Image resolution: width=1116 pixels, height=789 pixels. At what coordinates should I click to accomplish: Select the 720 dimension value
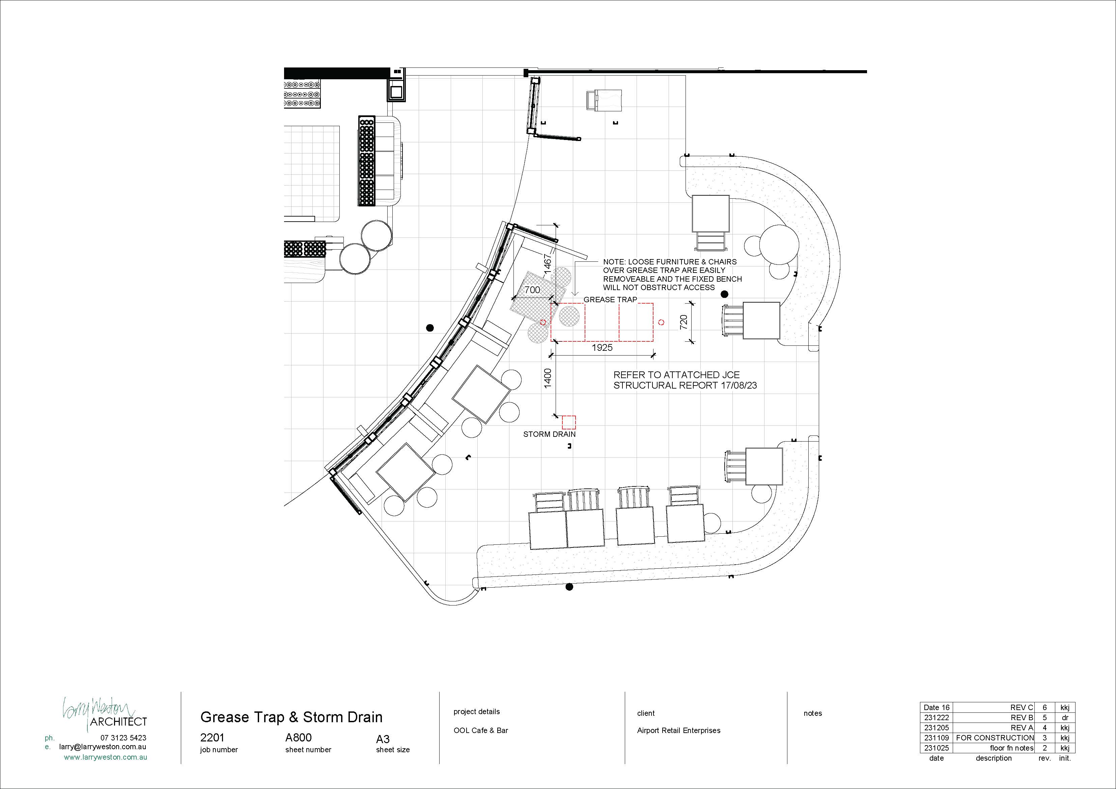point(683,322)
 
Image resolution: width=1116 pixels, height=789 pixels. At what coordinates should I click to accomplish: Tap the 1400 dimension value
point(548,378)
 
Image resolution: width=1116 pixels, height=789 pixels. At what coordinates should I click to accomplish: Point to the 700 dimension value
point(532,290)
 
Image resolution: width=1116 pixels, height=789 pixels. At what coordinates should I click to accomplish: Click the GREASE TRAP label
point(610,300)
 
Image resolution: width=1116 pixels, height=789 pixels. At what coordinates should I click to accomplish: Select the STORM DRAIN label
point(549,434)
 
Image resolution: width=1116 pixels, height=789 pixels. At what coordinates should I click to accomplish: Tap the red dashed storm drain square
point(569,422)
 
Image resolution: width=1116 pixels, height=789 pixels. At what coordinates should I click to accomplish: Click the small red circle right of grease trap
point(661,322)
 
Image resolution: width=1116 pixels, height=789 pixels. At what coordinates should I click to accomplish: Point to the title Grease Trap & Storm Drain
point(291,717)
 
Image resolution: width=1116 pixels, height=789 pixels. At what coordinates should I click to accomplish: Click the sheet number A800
point(299,737)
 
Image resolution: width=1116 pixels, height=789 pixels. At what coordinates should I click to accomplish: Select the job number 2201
point(213,737)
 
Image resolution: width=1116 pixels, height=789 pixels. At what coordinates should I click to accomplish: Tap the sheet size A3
point(383,739)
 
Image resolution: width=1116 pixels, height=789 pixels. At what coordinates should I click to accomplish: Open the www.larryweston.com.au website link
point(106,757)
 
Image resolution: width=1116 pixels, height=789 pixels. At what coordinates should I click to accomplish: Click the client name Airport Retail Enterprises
point(678,731)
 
